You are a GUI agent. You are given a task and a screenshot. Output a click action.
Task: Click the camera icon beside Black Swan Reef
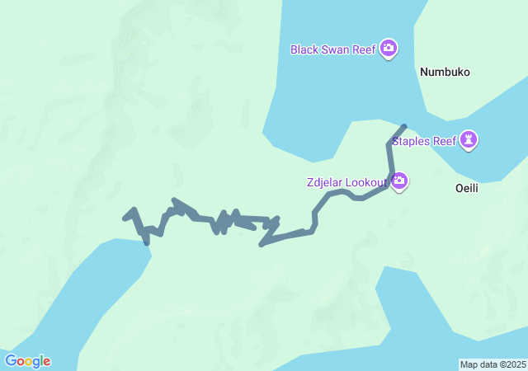[x=389, y=49]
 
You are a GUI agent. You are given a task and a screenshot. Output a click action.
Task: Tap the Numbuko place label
[x=445, y=72]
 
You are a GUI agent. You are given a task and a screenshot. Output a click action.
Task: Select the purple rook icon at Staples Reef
[x=469, y=140]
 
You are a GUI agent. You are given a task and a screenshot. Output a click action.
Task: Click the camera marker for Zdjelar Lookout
[x=399, y=181]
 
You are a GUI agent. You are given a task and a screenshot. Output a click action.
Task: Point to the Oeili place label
[x=467, y=188]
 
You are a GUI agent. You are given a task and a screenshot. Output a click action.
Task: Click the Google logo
[x=27, y=361]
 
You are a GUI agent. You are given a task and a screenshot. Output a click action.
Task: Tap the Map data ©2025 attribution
[x=493, y=364]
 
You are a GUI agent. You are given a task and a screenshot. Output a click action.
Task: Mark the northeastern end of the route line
[x=403, y=126]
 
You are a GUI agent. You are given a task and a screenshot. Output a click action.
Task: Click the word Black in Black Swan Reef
[x=304, y=49]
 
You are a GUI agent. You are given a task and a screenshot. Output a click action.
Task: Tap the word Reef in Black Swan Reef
[x=364, y=49]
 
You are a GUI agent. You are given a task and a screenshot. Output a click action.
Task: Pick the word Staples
[x=412, y=141]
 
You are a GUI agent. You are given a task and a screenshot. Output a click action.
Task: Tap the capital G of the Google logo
[x=11, y=360]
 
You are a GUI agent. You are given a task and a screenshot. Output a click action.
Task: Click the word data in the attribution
[x=488, y=364]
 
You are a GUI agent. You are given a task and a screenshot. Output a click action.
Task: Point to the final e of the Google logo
[x=46, y=362]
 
